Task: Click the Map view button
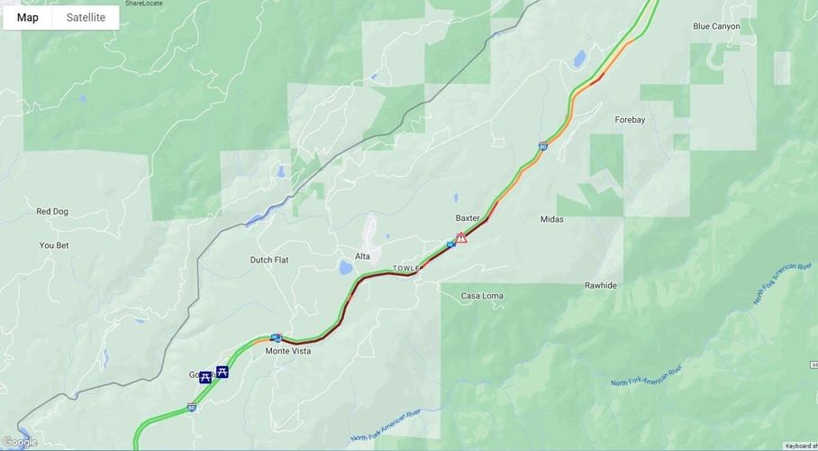pos(27,17)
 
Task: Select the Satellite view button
pos(86,17)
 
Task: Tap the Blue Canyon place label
pos(716,26)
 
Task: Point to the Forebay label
pos(630,119)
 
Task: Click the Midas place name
pos(551,219)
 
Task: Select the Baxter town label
pos(468,218)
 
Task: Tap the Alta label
pos(362,256)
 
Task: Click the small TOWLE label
pos(406,269)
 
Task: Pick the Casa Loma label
pos(482,296)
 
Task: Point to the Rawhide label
pos(601,285)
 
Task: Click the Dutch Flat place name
pos(269,260)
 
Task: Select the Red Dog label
pos(52,211)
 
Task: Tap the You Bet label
pos(54,245)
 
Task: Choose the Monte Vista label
pos(288,351)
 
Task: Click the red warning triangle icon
pos(461,238)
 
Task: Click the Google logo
pos(20,442)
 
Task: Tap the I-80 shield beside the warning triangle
pos(450,244)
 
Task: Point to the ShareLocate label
pos(144,4)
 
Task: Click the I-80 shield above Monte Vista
pos(277,338)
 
